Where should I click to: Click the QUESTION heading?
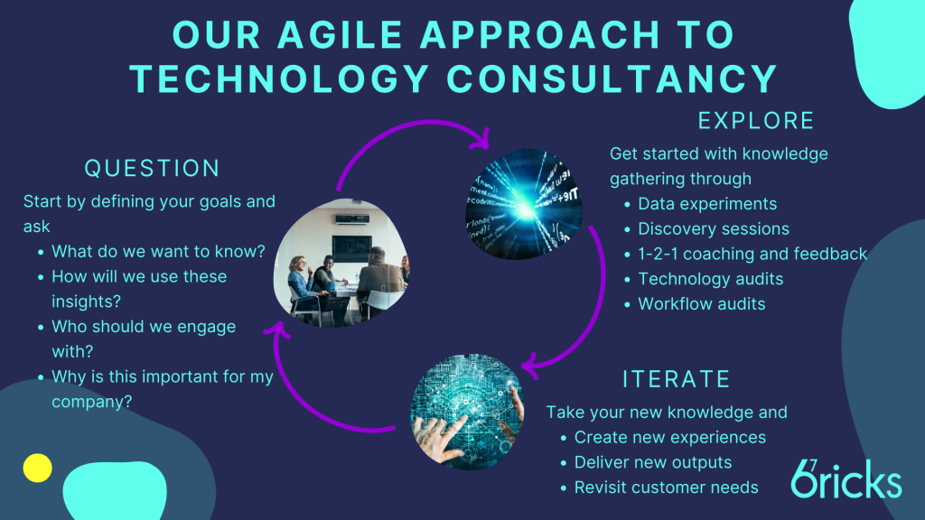[x=152, y=169]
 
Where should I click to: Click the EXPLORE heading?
[x=756, y=121]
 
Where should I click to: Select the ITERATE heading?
[x=677, y=379]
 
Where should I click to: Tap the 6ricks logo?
[x=846, y=478]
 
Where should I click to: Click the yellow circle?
[x=37, y=469]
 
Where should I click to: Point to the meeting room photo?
[x=341, y=263]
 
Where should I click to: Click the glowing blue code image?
[x=523, y=204]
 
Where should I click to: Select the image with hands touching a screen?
[x=467, y=412]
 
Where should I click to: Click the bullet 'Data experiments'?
[x=707, y=204]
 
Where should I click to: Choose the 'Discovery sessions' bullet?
[x=714, y=228]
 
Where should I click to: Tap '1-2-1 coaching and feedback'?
[x=752, y=254]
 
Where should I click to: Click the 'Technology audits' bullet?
[x=710, y=279]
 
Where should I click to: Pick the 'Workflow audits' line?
[x=701, y=304]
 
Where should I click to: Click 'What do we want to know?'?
[x=158, y=252]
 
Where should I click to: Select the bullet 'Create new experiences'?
[x=669, y=438]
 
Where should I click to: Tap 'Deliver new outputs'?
[x=652, y=463]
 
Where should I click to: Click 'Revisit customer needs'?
[x=666, y=487]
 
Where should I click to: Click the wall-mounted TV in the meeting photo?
[x=351, y=248]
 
